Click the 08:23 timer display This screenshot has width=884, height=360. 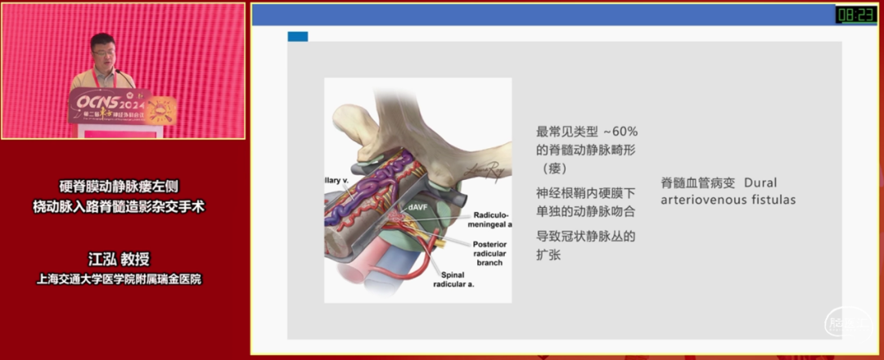pos(855,14)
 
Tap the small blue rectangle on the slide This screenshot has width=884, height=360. pos(298,37)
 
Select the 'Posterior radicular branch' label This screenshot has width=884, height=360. pos(489,253)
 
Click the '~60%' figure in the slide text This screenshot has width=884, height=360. pos(620,131)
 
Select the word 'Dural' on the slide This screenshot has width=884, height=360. pos(761,182)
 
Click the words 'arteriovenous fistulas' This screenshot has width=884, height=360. pos(728,200)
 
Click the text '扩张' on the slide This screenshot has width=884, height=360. pos(548,254)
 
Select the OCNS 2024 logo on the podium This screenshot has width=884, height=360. pos(110,101)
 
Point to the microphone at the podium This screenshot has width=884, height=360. pos(124,78)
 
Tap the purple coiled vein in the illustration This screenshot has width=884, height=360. pos(364,196)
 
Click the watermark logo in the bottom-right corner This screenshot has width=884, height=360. pos(846,324)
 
